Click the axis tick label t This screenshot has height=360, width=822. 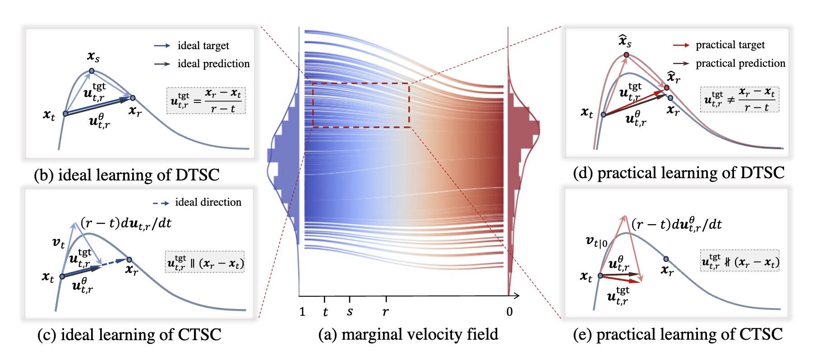point(325,312)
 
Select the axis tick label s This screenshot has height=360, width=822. point(350,311)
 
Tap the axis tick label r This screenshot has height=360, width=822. point(385,312)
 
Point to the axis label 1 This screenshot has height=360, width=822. point(302,312)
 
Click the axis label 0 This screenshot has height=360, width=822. point(509,312)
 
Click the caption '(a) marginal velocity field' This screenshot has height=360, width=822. point(408,334)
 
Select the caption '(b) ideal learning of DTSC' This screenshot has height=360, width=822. point(127,175)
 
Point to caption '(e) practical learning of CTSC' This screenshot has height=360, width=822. point(678,334)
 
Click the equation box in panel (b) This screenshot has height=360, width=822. point(206,101)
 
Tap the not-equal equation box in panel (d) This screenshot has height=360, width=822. point(739,100)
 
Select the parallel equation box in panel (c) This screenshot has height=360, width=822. point(205,262)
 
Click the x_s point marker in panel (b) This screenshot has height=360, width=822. point(92,71)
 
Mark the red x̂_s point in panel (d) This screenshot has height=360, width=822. point(626,55)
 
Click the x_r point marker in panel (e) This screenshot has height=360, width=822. point(666,259)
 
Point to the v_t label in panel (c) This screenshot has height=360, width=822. point(59,243)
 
